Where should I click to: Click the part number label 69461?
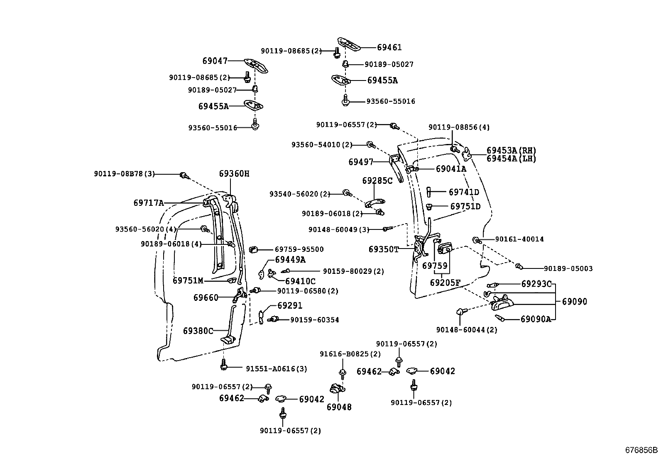[x=389, y=47]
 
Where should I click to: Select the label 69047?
[x=215, y=61]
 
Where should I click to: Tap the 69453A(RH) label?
[x=511, y=151]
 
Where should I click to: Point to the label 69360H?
[x=234, y=174]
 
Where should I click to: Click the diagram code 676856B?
[x=641, y=450]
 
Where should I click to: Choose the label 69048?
[x=339, y=407]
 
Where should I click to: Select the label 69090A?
[x=536, y=319]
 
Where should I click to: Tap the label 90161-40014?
[x=519, y=239]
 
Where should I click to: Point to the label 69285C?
[x=377, y=181]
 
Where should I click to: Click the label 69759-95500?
[x=299, y=249]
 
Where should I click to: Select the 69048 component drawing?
[x=338, y=389]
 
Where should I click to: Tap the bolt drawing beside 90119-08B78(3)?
[x=183, y=176]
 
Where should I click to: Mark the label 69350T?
[x=383, y=249]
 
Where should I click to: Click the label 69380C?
[x=198, y=331]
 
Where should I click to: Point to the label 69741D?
[x=464, y=192]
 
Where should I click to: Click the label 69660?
[x=206, y=297]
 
